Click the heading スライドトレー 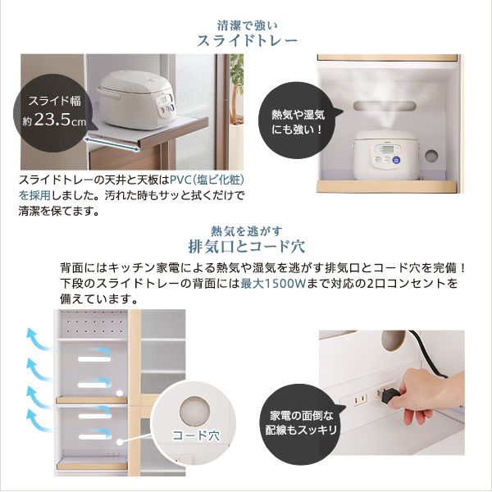247,41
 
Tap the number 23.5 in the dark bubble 52,119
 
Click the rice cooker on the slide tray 136,100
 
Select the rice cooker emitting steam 385,155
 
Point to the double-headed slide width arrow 112,144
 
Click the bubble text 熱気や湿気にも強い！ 298,121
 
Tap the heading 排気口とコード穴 246,247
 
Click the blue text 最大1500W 273,284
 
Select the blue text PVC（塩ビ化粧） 207,180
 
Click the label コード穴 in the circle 196,435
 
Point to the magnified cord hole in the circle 195,411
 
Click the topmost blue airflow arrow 39,339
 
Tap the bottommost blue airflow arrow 39,421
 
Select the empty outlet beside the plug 360,399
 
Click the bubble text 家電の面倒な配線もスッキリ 301,423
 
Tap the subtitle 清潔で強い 248,25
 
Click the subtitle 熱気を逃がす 247,231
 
